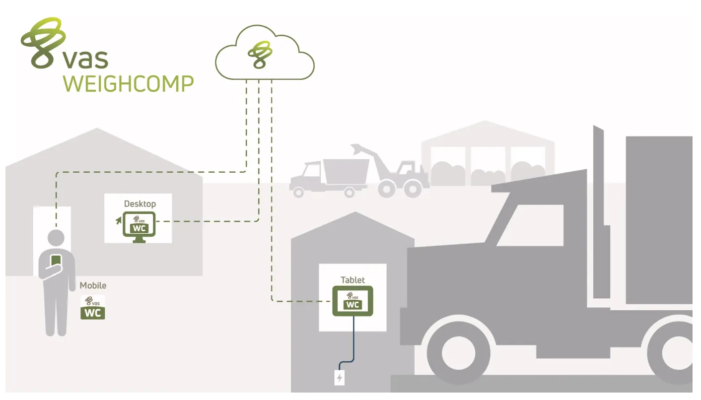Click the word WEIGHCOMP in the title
(x=128, y=83)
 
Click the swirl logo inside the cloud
(x=260, y=55)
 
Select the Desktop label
(x=140, y=204)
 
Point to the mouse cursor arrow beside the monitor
(x=118, y=220)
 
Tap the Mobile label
(x=93, y=285)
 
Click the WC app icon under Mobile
(x=93, y=307)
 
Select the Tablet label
(x=352, y=280)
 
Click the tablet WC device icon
(x=352, y=301)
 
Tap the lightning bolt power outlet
(x=340, y=378)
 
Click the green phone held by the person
(x=56, y=261)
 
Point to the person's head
(x=56, y=238)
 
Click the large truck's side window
(x=532, y=225)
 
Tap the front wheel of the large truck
(x=458, y=353)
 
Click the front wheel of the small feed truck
(x=298, y=193)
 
